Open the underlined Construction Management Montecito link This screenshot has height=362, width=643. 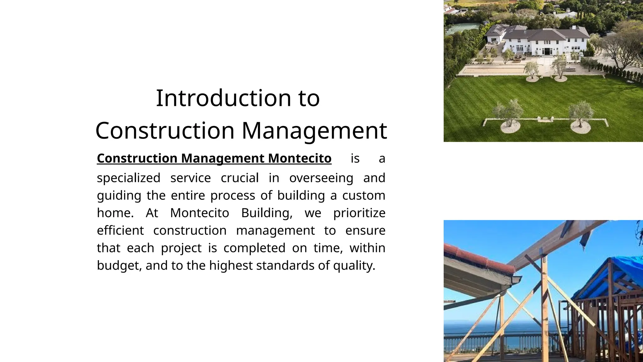tap(214, 158)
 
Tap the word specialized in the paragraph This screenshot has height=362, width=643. tap(128, 178)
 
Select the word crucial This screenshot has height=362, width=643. tap(240, 178)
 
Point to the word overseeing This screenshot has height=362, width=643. tap(321, 178)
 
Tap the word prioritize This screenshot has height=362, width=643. tap(359, 213)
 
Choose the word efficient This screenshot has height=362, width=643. tap(120, 231)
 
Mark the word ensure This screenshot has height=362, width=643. tap(365, 231)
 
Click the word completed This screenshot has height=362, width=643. tap(254, 248)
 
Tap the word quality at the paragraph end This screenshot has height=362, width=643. tap(354, 266)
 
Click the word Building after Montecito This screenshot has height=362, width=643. tap(267, 213)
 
